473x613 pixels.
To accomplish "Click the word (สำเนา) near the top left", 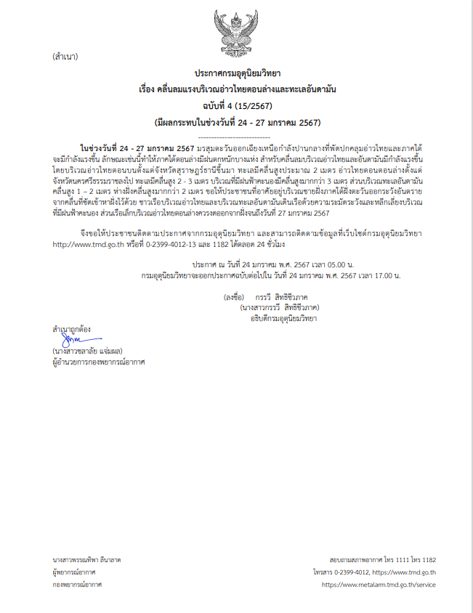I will pos(65,56).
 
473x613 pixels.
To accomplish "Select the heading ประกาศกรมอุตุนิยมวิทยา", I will pos(237,74).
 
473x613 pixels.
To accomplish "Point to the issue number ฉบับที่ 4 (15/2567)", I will pos(236,105).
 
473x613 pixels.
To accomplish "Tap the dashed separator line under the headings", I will pos(236,136).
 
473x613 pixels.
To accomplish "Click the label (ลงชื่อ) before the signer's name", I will pos(235,297).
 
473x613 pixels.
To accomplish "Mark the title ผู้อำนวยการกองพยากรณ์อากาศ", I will pos(98,361).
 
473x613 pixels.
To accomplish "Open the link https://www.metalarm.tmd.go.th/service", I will pos(378,583).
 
